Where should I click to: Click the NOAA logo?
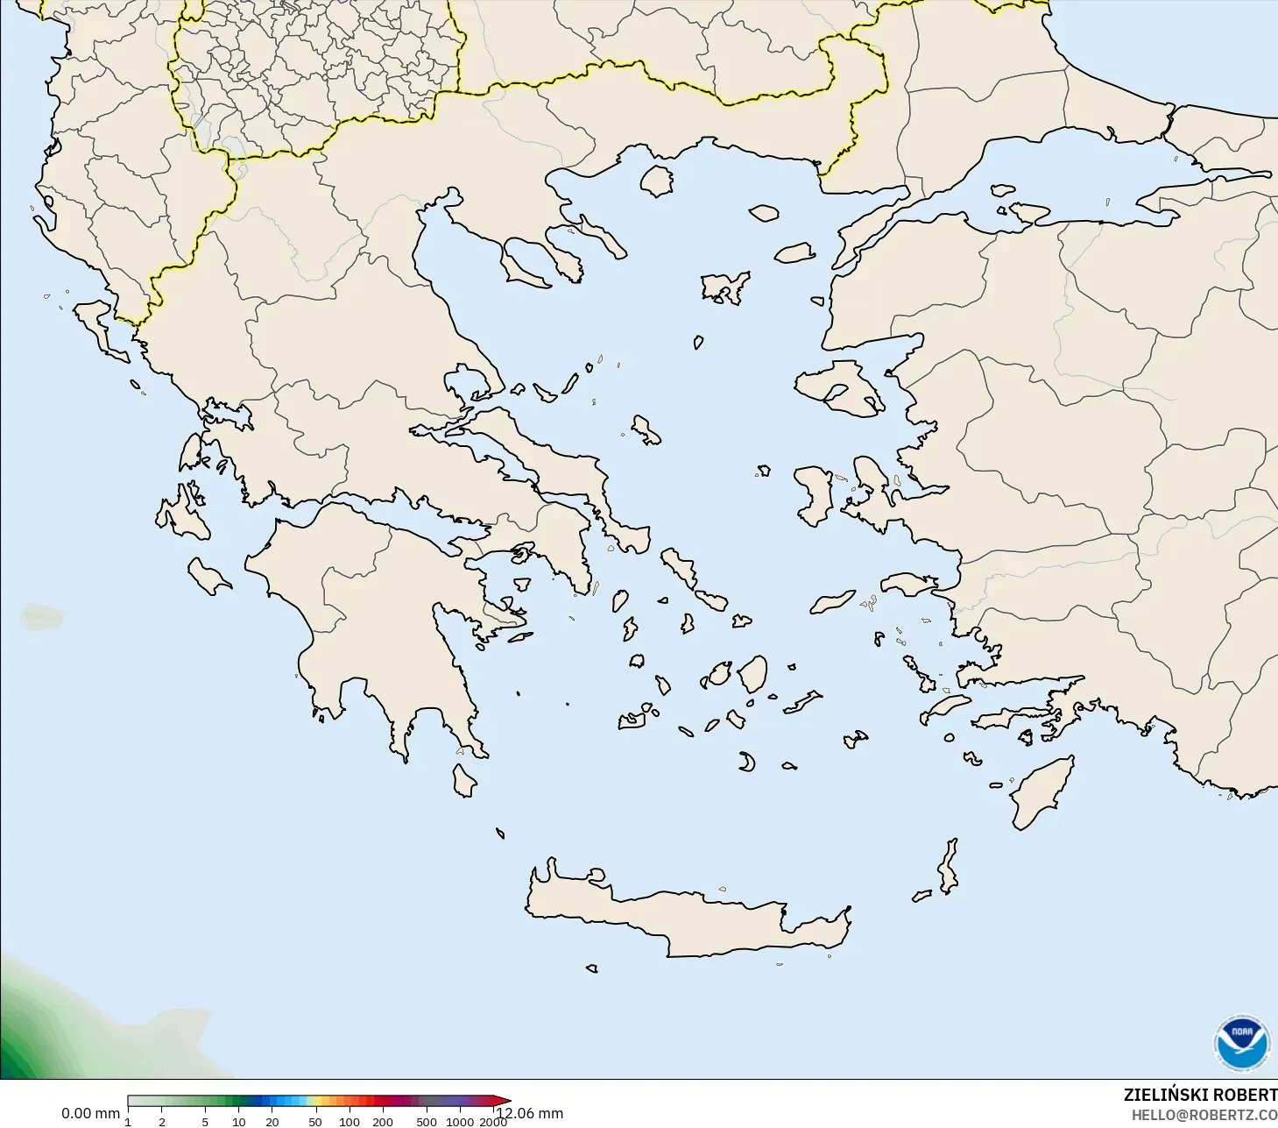click(x=1241, y=1043)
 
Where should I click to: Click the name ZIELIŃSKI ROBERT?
click(x=1200, y=1095)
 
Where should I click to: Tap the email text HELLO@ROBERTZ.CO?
click(x=1204, y=1115)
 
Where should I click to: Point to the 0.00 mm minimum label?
click(x=90, y=1113)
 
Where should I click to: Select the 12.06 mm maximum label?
click(x=531, y=1113)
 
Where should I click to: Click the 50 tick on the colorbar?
click(x=314, y=1121)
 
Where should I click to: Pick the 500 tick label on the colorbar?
click(x=427, y=1121)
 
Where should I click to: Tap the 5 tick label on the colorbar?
click(x=205, y=1121)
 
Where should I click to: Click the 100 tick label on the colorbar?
click(x=350, y=1121)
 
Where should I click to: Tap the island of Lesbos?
click(x=837, y=387)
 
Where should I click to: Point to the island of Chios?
click(x=816, y=495)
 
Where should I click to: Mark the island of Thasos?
click(x=656, y=181)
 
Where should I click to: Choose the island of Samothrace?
click(x=764, y=212)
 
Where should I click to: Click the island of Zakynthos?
click(x=209, y=575)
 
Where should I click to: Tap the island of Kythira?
click(x=463, y=780)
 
